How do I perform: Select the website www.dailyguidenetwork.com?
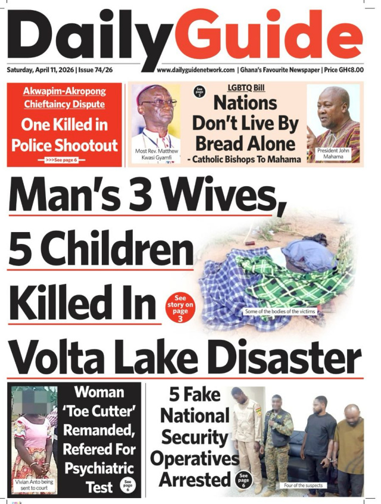[196, 70]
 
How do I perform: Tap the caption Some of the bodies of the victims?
[280, 312]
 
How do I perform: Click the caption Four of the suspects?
[304, 486]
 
